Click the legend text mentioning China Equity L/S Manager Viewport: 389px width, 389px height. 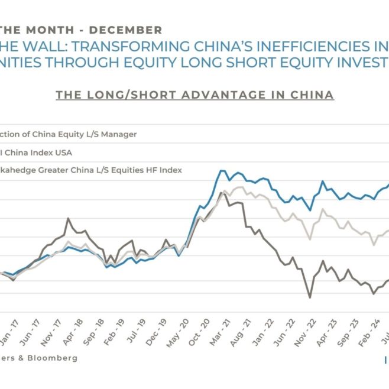pos(68,134)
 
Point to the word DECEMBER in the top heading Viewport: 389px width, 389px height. pos(127,30)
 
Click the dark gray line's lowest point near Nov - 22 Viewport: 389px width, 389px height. pos(309,297)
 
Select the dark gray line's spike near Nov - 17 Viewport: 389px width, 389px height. pos(68,219)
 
